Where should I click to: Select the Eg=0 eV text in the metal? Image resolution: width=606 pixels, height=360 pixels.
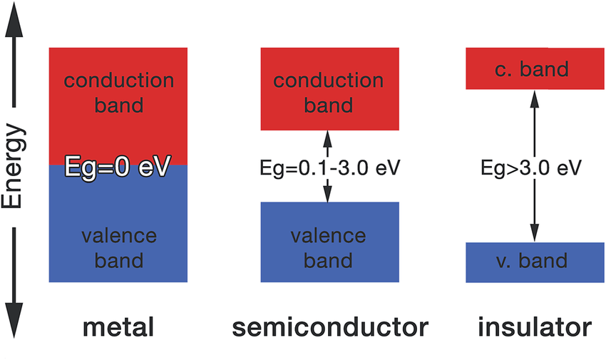click(118, 168)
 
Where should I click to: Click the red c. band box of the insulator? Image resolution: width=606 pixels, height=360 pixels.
click(534, 68)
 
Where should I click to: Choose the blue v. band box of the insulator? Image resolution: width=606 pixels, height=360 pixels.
click(534, 262)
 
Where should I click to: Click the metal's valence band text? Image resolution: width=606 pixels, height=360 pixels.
click(118, 247)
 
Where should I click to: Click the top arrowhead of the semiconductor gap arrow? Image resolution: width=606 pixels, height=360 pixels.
click(328, 137)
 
